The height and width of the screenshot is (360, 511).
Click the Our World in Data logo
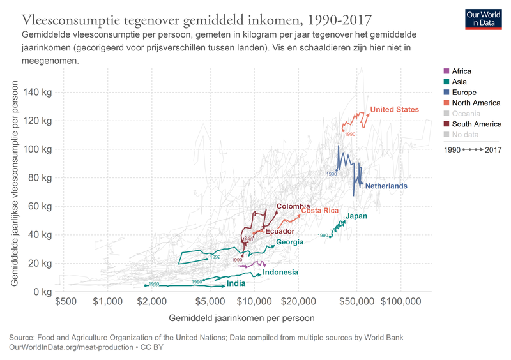tap(483, 19)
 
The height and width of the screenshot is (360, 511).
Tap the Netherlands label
tap(386, 186)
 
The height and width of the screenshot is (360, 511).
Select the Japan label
tap(356, 216)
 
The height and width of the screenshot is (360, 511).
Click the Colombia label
tap(293, 206)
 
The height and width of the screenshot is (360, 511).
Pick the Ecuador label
tap(279, 231)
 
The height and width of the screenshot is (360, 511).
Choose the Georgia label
tap(289, 242)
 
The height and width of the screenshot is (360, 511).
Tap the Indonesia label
tap(280, 273)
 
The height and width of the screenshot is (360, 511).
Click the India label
tap(236, 283)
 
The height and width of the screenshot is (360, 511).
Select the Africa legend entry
tap(461, 71)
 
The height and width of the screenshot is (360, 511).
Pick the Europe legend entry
tap(464, 93)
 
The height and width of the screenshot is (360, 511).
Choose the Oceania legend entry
tap(467, 114)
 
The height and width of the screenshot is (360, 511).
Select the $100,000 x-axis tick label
tap(401, 301)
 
